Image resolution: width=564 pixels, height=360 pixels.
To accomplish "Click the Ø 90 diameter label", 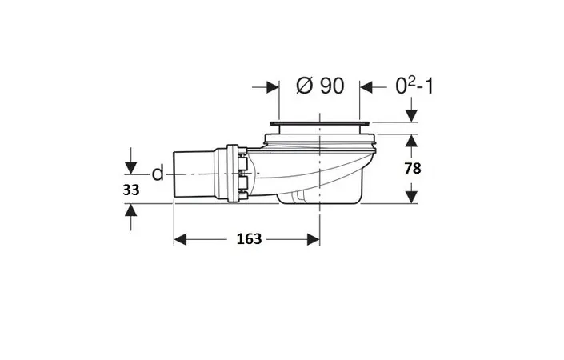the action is [320, 86].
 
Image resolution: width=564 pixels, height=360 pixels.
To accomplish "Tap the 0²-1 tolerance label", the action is [414, 86].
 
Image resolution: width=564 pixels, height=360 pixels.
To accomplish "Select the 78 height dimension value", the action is [413, 168].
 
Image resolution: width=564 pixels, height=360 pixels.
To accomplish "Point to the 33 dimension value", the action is [131, 190].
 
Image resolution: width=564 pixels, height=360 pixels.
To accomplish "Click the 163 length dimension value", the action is [249, 239].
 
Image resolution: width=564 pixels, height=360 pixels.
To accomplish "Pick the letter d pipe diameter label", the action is [158, 174].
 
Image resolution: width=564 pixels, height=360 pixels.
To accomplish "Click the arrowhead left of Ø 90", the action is [273, 87].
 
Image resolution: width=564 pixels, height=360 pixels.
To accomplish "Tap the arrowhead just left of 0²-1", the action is [366, 87].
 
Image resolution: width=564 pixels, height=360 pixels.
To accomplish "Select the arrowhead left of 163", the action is [180, 239].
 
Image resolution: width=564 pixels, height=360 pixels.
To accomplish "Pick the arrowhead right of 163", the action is [314, 239].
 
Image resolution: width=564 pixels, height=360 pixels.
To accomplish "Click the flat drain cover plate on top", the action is [320, 124].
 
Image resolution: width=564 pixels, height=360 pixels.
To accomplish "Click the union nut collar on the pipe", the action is [232, 174].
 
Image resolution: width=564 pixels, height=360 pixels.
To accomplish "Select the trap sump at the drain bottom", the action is [319, 196].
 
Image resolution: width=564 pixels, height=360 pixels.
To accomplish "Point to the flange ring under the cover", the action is [320, 138].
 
